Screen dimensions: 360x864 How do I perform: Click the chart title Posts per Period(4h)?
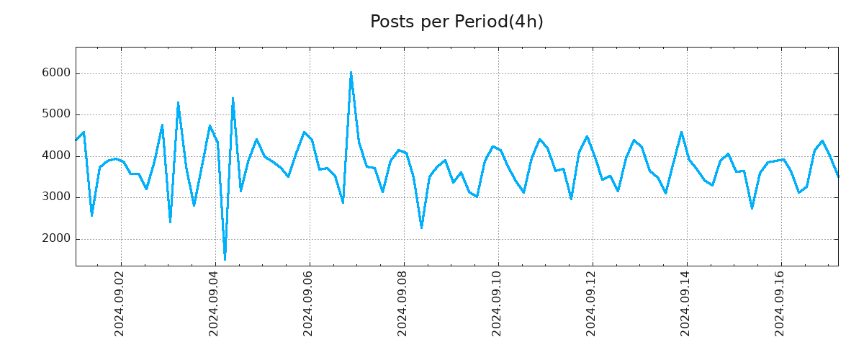[x=456, y=22]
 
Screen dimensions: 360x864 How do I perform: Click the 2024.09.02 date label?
[x=120, y=303]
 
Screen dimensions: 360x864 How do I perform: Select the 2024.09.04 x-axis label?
[x=215, y=303]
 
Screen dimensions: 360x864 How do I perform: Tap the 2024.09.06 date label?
[x=309, y=303]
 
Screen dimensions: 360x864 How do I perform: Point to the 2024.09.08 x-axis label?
[x=403, y=303]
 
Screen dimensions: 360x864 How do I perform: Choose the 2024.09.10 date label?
[x=498, y=303]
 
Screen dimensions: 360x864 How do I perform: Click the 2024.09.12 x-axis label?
[x=592, y=303]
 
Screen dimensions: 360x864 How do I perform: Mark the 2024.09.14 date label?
[x=686, y=303]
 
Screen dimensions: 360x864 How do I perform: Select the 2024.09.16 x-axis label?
[x=780, y=303]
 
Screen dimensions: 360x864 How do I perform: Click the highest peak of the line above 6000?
[x=351, y=72]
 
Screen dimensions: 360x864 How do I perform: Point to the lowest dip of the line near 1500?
[x=225, y=259]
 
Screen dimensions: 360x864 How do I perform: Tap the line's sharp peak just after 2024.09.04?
[x=233, y=98]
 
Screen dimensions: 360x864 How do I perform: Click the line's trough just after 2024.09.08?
[x=421, y=228]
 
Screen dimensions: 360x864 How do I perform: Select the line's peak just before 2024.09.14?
[x=681, y=132]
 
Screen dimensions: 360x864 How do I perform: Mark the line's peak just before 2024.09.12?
[x=587, y=136]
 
